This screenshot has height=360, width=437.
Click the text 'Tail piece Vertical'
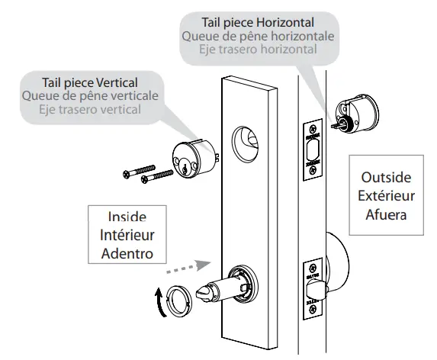click(x=90, y=82)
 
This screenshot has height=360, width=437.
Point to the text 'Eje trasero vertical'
click(x=90, y=109)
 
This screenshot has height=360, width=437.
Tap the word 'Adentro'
click(x=127, y=253)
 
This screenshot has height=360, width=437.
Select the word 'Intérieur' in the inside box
click(x=127, y=235)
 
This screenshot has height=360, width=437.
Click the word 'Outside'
click(x=385, y=177)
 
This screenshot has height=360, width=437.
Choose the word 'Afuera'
click(x=385, y=215)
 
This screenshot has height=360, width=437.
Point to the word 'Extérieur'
click(x=385, y=196)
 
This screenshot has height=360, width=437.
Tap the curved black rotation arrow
click(x=158, y=302)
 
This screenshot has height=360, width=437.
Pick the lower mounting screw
click(x=159, y=178)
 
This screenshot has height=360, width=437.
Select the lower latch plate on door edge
click(x=313, y=291)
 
